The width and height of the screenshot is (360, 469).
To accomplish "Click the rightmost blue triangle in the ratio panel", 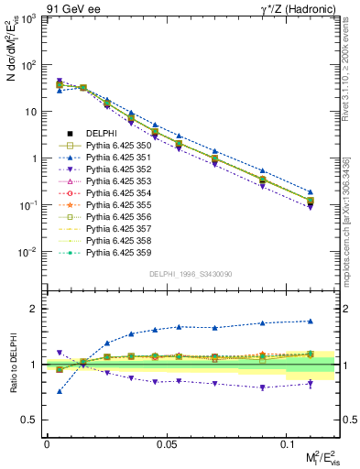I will pyautogui.click(x=311, y=321).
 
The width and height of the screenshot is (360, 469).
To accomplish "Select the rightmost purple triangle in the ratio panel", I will pyautogui.click(x=311, y=384).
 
